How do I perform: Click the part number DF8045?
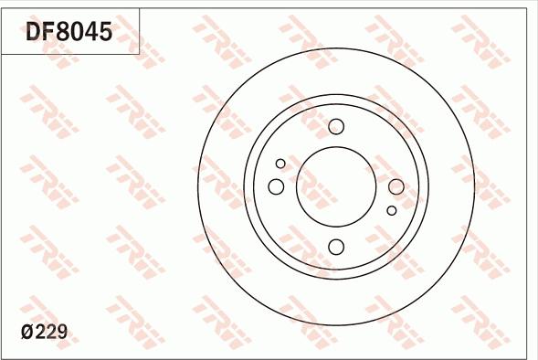69,33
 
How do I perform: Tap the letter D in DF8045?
34,33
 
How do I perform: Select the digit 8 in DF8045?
62,33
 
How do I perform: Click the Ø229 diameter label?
46,332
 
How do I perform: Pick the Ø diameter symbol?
27,332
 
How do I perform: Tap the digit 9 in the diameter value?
63,332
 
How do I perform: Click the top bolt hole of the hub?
335,127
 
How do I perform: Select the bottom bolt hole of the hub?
335,246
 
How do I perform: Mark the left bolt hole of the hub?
276,186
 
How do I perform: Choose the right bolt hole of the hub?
396,186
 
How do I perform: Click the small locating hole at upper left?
280,163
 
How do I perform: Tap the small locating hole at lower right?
391,211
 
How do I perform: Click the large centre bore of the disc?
335,186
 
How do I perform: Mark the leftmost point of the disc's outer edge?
198,186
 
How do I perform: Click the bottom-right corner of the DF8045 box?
140,54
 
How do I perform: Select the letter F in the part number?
48,33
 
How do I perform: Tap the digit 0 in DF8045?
77,33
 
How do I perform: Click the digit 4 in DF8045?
90,33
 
